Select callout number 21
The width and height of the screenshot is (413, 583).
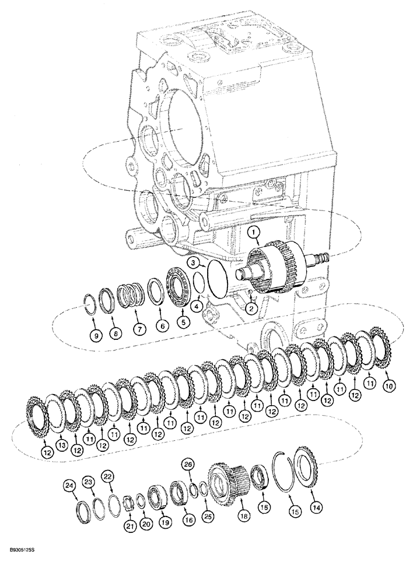pos(130,526)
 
